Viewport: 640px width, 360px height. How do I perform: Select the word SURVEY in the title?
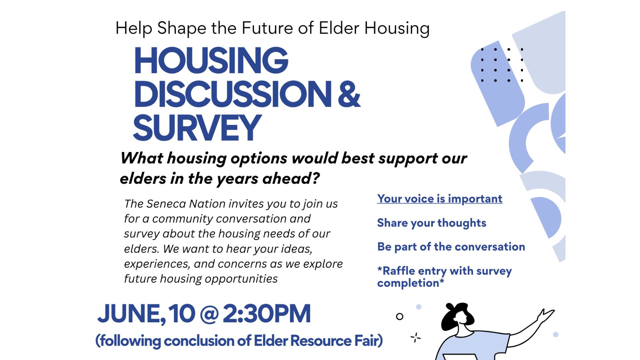coord(197,127)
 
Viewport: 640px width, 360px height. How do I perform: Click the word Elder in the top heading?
coord(339,28)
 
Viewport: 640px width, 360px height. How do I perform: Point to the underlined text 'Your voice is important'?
coord(440,199)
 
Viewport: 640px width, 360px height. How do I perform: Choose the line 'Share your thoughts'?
coord(432,223)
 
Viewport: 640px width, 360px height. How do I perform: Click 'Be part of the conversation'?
coord(451,247)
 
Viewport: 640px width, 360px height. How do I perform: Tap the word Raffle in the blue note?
coord(399,271)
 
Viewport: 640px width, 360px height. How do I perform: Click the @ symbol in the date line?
coord(209,314)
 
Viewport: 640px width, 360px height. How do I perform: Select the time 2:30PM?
coord(267,314)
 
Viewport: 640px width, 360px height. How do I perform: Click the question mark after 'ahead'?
coord(315,178)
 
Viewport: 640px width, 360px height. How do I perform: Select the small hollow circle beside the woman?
coord(400,317)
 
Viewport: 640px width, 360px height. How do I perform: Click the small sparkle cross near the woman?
coord(415,338)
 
